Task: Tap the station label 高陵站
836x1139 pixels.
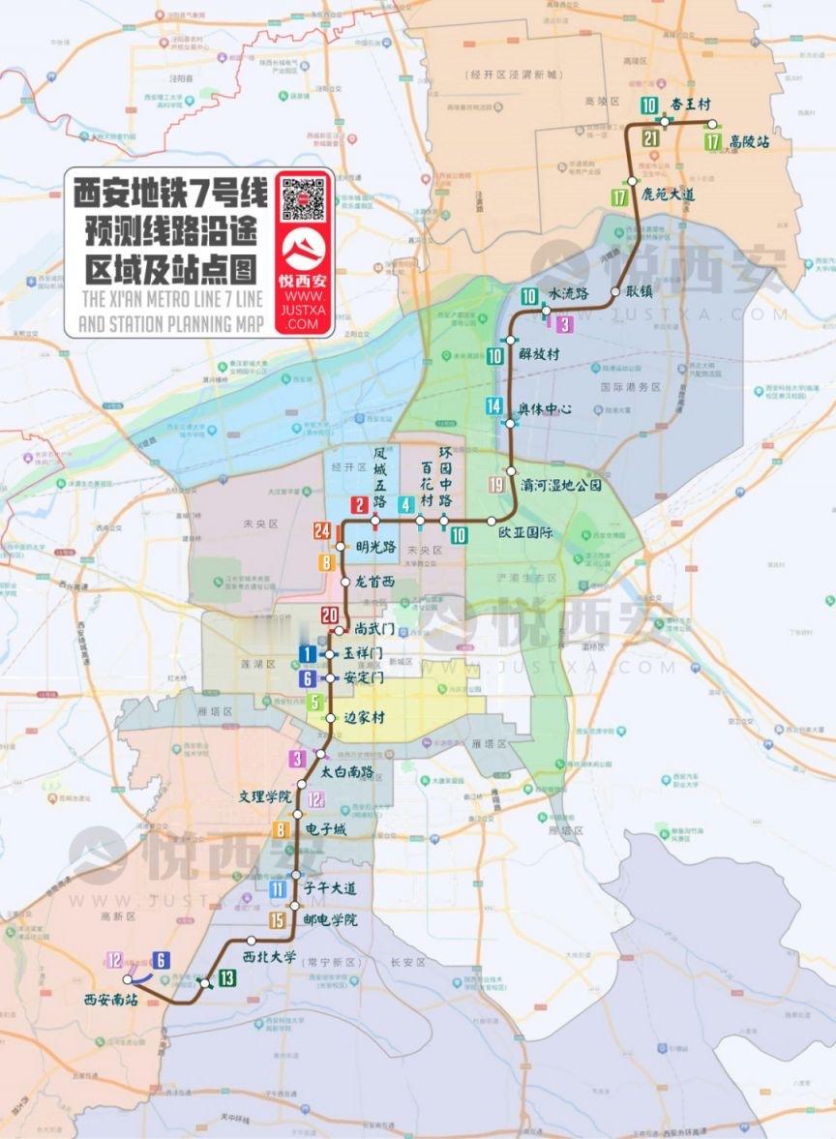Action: pyautogui.click(x=750, y=141)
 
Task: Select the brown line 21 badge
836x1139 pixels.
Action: pyautogui.click(x=650, y=138)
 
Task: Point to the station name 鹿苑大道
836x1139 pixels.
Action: pyautogui.click(x=669, y=195)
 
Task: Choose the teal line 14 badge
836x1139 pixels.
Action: pyautogui.click(x=494, y=406)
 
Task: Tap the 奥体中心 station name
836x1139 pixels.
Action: pyautogui.click(x=545, y=409)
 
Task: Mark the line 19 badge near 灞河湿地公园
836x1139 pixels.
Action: pyautogui.click(x=497, y=486)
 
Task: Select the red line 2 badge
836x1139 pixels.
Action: pyautogui.click(x=359, y=504)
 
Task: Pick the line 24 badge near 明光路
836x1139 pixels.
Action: pyautogui.click(x=322, y=530)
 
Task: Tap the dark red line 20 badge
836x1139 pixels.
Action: pyautogui.click(x=330, y=615)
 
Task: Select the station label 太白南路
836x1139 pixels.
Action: pyautogui.click(x=346, y=772)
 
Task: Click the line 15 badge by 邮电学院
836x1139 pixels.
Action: pyautogui.click(x=278, y=921)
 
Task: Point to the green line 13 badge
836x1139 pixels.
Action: pyautogui.click(x=226, y=978)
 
